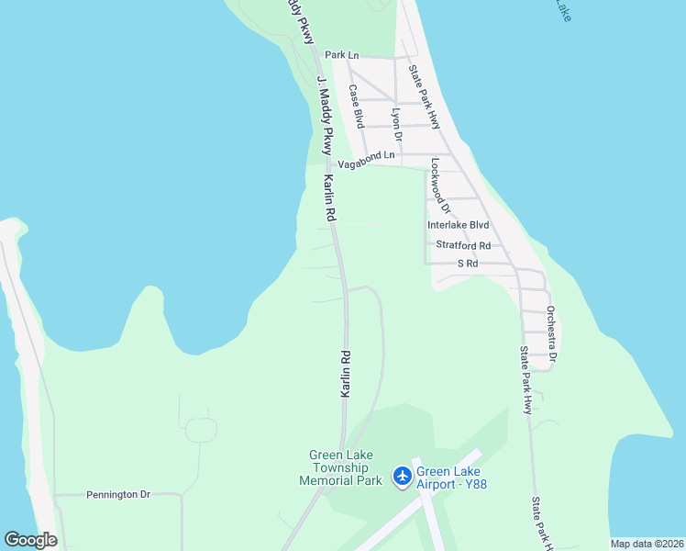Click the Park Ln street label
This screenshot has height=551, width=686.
pyautogui.click(x=341, y=55)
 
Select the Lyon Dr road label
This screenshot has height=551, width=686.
pyautogui.click(x=397, y=123)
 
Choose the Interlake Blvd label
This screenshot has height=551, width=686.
pyautogui.click(x=459, y=225)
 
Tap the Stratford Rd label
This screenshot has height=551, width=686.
pyautogui.click(x=463, y=245)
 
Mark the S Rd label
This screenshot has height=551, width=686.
pyautogui.click(x=468, y=264)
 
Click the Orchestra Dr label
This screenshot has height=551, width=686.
pyautogui.click(x=551, y=332)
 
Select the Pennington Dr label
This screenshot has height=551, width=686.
pyautogui.click(x=118, y=494)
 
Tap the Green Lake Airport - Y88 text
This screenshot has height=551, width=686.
pyautogui.click(x=451, y=478)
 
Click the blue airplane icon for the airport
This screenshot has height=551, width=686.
pyautogui.click(x=402, y=476)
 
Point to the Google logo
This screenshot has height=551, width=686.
pyautogui.click(x=30, y=539)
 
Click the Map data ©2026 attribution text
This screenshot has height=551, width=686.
pyautogui.click(x=647, y=544)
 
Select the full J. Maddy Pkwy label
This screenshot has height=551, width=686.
pyautogui.click(x=324, y=115)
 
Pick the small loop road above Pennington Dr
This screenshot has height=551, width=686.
pyautogui.click(x=199, y=429)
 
